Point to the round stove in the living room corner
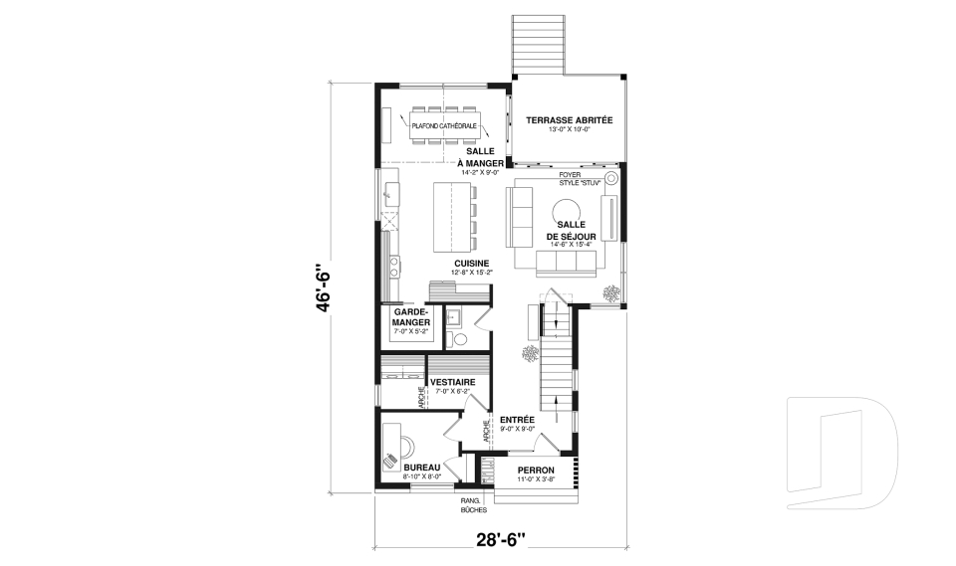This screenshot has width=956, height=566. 610,178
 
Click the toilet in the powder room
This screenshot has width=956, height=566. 459,338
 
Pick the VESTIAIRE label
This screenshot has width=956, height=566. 451,382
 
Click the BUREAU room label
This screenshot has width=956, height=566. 422,467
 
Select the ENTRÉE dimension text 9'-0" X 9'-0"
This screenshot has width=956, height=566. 518,429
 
